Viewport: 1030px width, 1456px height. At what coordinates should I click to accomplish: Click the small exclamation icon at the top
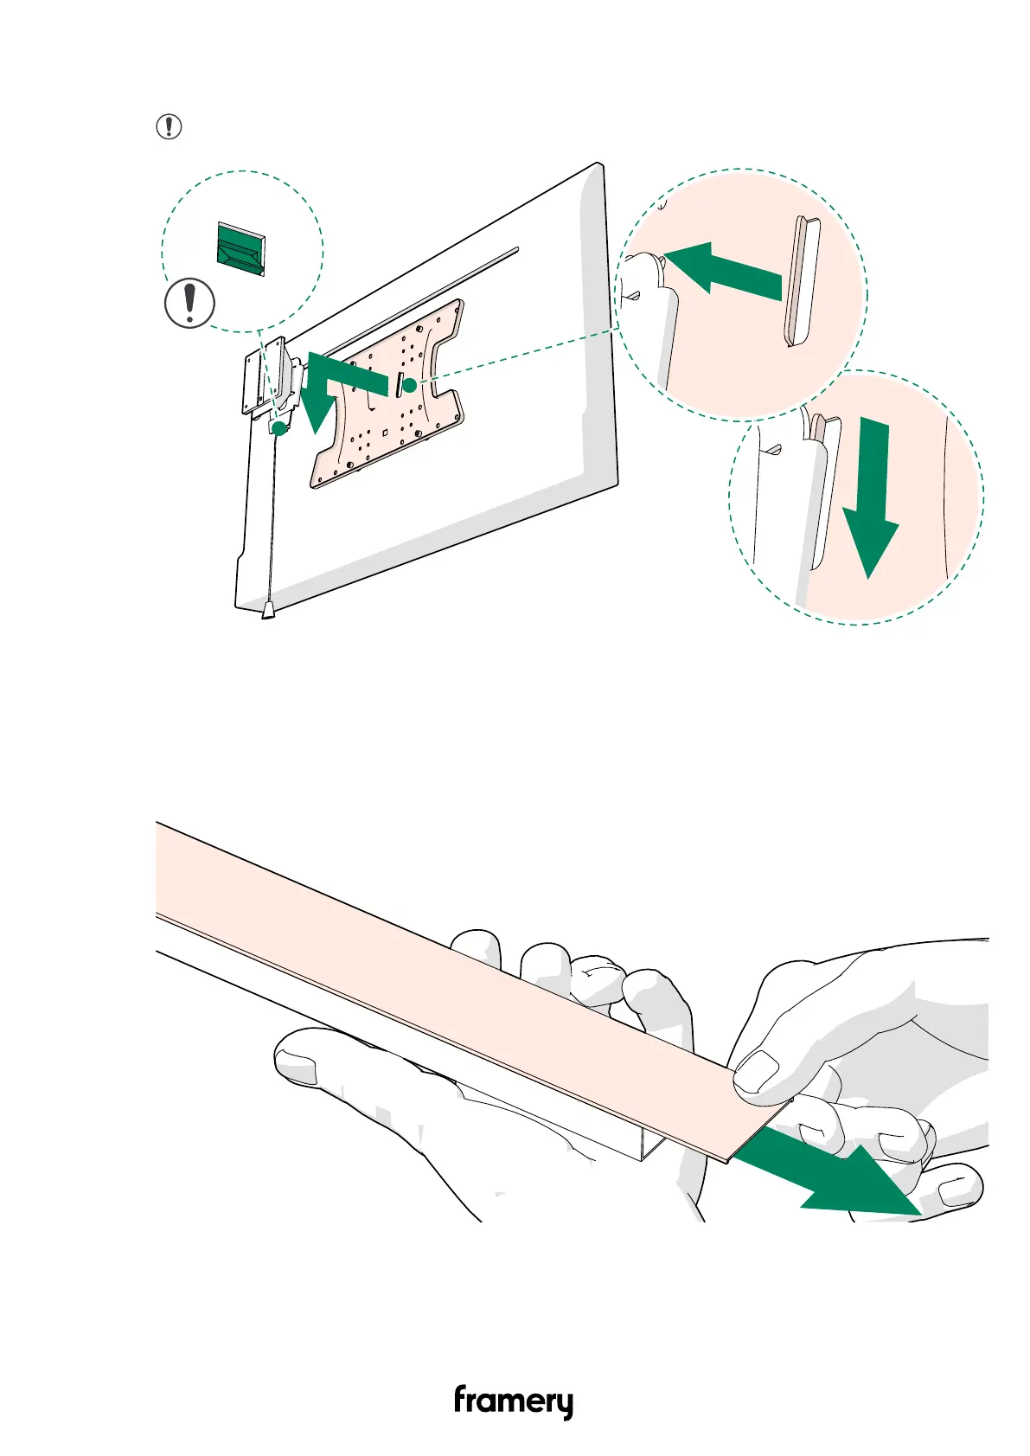[169, 127]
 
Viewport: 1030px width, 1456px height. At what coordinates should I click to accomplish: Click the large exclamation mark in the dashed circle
[189, 304]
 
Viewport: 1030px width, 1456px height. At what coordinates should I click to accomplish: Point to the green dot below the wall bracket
[279, 428]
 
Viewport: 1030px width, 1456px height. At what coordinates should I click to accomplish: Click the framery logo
[514, 1401]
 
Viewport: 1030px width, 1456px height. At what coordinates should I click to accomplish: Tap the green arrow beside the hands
[830, 1182]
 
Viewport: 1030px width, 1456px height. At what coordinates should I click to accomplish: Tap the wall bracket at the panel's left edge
[259, 381]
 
